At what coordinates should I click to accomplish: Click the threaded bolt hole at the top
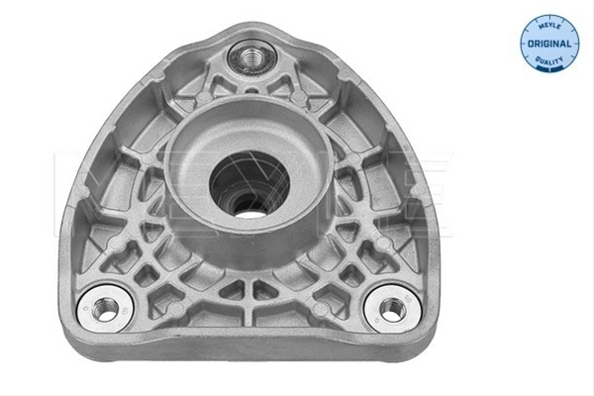pyautogui.click(x=249, y=57)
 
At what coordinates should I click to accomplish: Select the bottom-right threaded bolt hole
pyautogui.click(x=393, y=308)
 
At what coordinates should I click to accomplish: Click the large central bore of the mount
pyautogui.click(x=250, y=185)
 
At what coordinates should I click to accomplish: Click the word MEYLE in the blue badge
pyautogui.click(x=549, y=26)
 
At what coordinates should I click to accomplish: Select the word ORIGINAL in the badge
pyautogui.click(x=549, y=44)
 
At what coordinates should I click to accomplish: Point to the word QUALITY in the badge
pyautogui.click(x=549, y=60)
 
